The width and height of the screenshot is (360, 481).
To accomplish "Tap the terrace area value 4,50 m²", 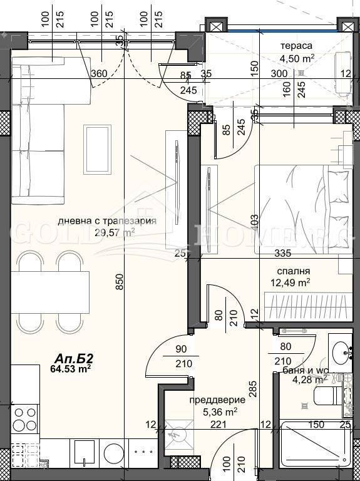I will click(x=297, y=57).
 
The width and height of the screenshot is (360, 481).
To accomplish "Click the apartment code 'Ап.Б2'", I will click(x=74, y=358).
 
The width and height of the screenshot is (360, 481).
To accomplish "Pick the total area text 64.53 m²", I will click(x=71, y=369).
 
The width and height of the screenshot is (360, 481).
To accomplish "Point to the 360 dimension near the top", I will click(x=98, y=73).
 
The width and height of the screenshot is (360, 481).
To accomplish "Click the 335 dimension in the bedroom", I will click(x=284, y=253).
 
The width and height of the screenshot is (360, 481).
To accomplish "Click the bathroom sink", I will click(x=342, y=353).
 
